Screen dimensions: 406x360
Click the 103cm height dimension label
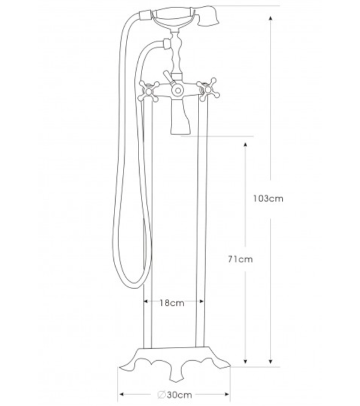point(268,199)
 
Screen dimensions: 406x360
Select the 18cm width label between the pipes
point(173,303)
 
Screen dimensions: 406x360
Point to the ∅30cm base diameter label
point(174,395)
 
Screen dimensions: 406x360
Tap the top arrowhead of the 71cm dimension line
point(245,144)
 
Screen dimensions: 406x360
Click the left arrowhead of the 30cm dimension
point(122,395)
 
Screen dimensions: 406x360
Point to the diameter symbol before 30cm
point(161,395)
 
